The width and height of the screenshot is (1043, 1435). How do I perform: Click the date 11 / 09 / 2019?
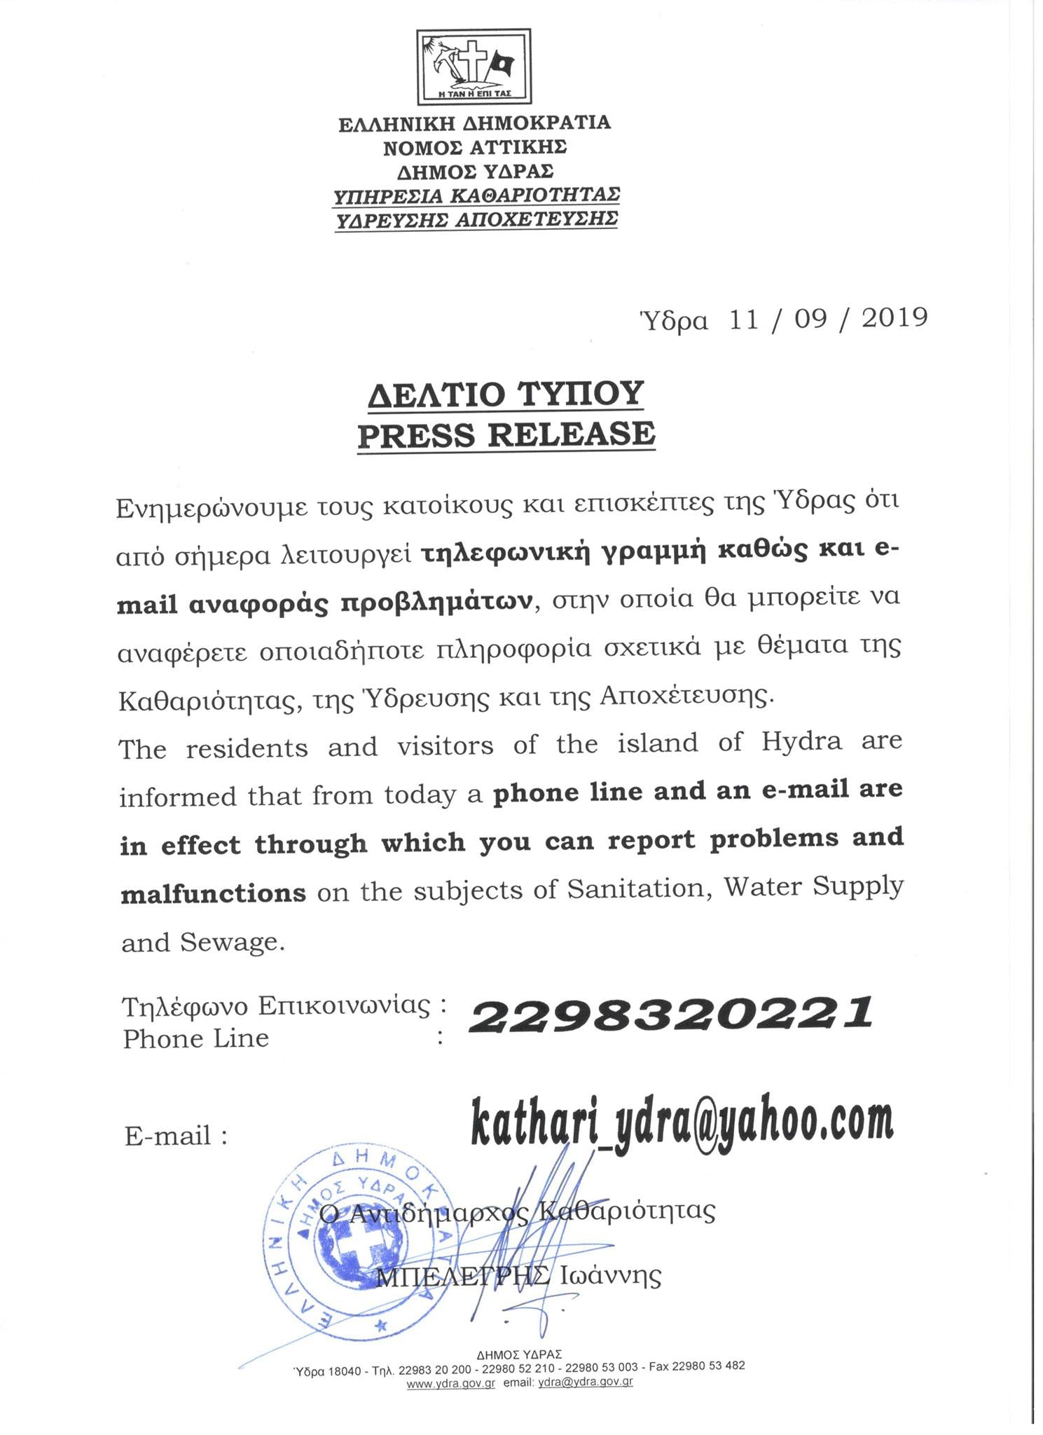(x=828, y=318)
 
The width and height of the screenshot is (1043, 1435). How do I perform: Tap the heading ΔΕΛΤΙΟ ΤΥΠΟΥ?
(x=506, y=394)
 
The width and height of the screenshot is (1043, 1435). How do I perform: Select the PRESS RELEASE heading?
(x=506, y=434)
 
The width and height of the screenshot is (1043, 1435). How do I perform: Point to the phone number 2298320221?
(x=670, y=1015)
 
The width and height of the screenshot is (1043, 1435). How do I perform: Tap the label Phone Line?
(x=196, y=1038)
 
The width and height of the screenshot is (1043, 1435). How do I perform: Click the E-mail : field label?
(x=176, y=1136)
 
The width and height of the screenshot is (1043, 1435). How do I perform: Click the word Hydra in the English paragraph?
(x=801, y=741)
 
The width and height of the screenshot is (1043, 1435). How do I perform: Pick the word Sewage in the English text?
(x=233, y=942)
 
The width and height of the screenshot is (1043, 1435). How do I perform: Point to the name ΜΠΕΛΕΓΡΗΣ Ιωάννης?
(x=519, y=1277)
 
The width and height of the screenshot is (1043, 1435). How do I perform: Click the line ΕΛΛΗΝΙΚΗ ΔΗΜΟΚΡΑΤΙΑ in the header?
(x=475, y=124)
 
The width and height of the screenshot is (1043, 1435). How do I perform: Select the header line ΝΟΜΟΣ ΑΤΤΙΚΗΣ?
(x=475, y=148)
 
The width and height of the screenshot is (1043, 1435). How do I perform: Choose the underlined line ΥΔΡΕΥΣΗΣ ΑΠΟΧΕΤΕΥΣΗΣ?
(x=476, y=219)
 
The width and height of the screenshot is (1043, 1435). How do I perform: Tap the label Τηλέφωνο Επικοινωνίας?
(x=276, y=1006)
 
